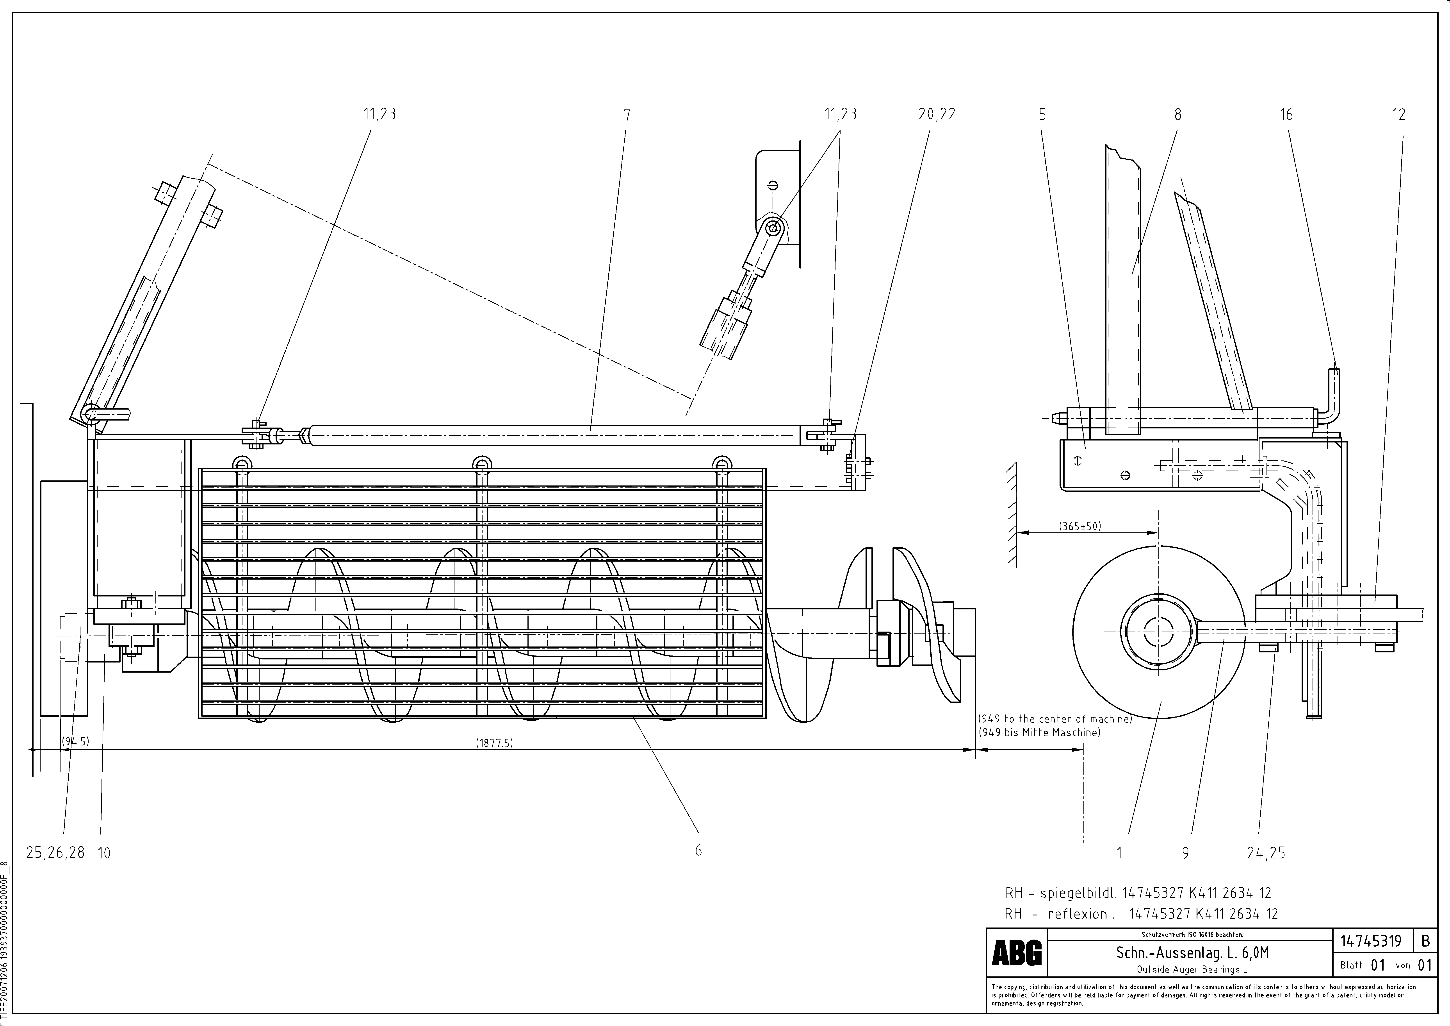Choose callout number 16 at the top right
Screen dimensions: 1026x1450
1286,114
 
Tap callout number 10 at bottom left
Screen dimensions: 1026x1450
104,853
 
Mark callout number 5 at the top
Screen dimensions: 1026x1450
1042,114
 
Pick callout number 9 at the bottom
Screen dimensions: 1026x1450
1185,853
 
